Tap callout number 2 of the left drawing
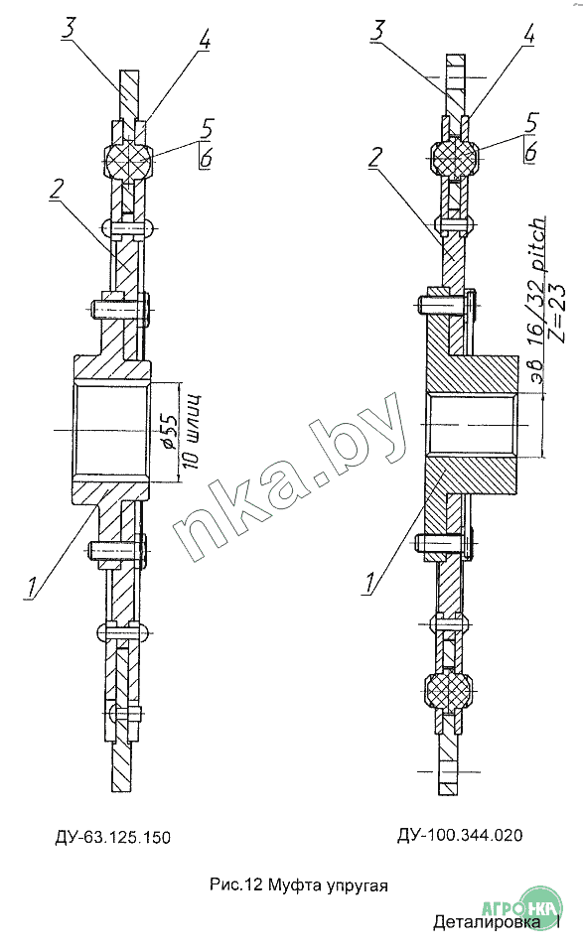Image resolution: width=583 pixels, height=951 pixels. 56,191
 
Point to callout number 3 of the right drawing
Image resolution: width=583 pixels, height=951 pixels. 378,31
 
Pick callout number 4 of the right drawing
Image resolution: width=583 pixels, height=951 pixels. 528,34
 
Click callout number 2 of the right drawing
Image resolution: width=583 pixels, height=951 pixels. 375,158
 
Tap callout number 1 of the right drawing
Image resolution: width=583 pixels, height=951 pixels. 369,583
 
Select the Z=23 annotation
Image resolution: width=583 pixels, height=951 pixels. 556,313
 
